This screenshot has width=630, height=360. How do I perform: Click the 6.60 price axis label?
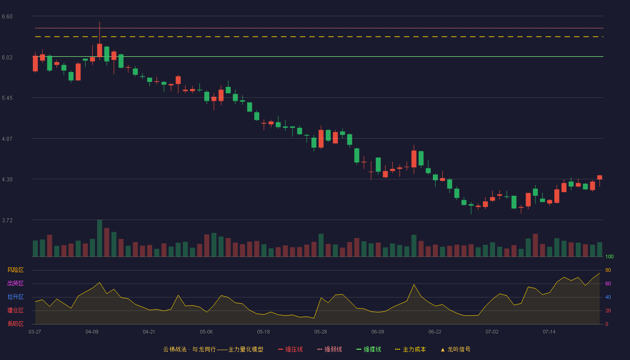(7, 17)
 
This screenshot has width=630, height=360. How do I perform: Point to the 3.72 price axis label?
(7, 220)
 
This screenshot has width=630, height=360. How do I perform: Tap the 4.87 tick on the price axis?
(7, 139)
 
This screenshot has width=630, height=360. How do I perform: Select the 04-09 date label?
(92, 332)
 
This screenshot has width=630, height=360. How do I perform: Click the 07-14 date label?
(549, 332)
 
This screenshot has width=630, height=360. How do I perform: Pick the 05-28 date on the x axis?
(320, 332)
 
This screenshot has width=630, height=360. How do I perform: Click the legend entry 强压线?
(290, 349)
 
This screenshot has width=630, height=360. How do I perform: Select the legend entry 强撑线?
(369, 349)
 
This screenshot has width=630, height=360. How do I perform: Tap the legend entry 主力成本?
(410, 349)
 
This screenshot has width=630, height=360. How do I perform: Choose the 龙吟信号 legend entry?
(455, 349)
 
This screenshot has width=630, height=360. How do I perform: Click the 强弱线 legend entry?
(329, 349)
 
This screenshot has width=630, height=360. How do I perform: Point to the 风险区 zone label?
(15, 270)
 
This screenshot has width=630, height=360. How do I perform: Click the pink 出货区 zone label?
(15, 283)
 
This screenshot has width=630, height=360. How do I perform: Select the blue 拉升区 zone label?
(15, 297)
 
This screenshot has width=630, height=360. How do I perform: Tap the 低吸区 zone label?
(15, 324)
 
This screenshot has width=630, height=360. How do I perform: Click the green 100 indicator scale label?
(609, 256)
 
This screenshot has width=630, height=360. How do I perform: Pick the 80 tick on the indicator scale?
(608, 270)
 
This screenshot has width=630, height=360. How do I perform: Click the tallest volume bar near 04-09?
(99, 238)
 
